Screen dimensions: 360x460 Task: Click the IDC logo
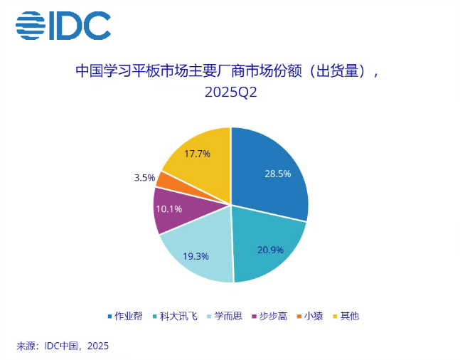(x=63, y=26)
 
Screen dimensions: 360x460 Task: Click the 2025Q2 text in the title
(x=230, y=92)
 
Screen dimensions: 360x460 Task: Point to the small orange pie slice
(x=163, y=179)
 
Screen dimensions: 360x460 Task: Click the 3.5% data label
(x=144, y=177)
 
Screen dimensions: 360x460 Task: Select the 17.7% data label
(x=197, y=154)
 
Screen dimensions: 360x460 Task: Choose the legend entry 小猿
(x=311, y=315)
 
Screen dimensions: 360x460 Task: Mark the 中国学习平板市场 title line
(x=230, y=72)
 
